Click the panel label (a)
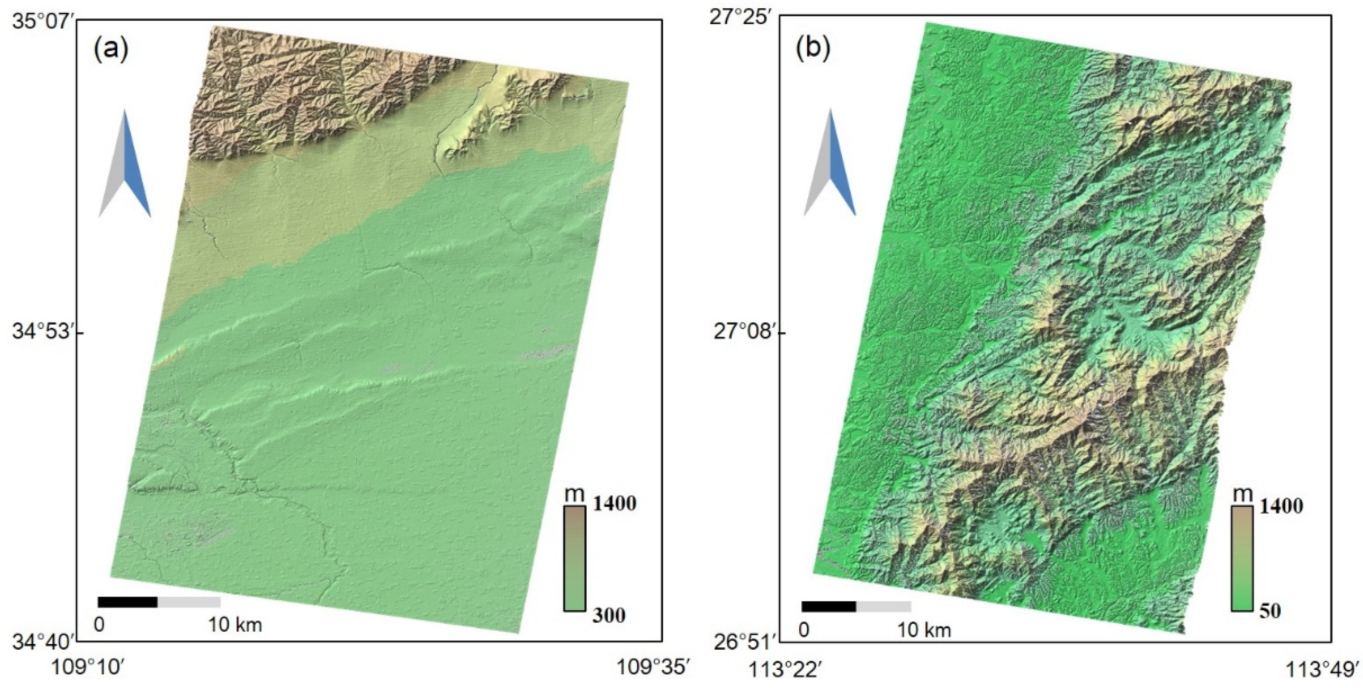click(111, 50)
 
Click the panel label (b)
click(813, 48)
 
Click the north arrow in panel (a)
click(125, 164)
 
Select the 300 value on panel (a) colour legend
click(609, 615)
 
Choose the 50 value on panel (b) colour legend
click(1270, 611)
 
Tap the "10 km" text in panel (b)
click(924, 630)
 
